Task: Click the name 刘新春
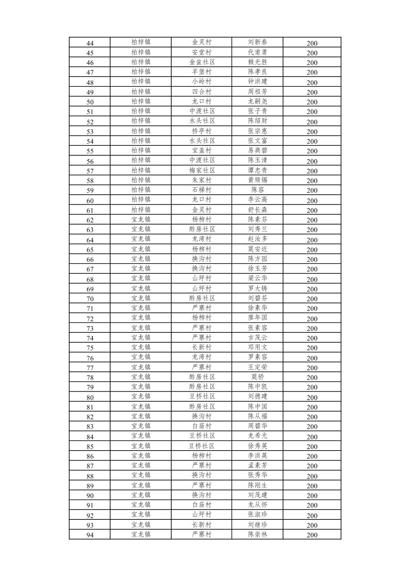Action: [257, 42]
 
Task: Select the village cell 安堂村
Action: [201, 52]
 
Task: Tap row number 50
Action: [90, 102]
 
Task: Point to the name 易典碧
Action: [257, 150]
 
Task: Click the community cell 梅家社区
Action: [201, 170]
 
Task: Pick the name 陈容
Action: [257, 190]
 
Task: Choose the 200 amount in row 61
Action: [312, 210]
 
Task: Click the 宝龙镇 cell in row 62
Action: [141, 219]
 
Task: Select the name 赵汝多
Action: [257, 239]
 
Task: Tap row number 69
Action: [90, 289]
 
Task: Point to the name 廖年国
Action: [257, 317]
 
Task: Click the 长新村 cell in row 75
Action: [201, 347]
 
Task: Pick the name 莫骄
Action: [257, 377]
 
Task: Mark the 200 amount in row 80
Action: [312, 397]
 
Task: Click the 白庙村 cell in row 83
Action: [201, 426]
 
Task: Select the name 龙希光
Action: [257, 436]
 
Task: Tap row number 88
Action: [90, 476]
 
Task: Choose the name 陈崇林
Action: [257, 534]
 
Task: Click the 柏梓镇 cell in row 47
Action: [141, 72]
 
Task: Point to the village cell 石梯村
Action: [201, 190]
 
